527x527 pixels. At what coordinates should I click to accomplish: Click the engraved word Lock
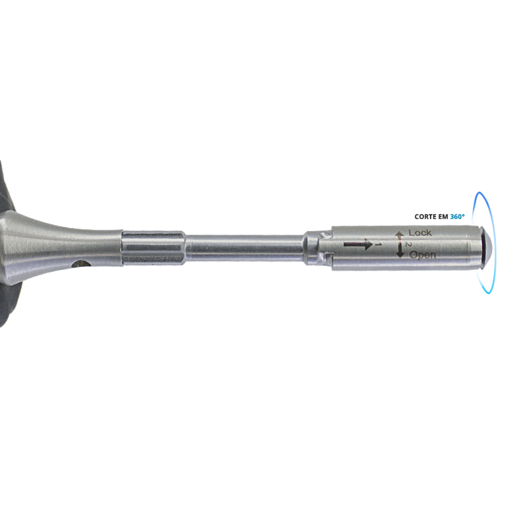click(x=420, y=232)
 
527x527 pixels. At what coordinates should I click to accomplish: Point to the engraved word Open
click(x=423, y=256)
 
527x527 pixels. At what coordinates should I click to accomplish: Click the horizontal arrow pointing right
click(x=358, y=245)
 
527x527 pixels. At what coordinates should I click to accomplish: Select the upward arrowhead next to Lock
click(x=400, y=234)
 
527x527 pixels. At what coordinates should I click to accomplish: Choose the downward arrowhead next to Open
click(x=400, y=255)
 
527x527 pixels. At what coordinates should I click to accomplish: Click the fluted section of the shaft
click(x=153, y=247)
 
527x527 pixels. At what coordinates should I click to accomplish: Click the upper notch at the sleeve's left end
click(x=326, y=232)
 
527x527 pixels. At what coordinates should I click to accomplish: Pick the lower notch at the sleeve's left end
click(x=327, y=257)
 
